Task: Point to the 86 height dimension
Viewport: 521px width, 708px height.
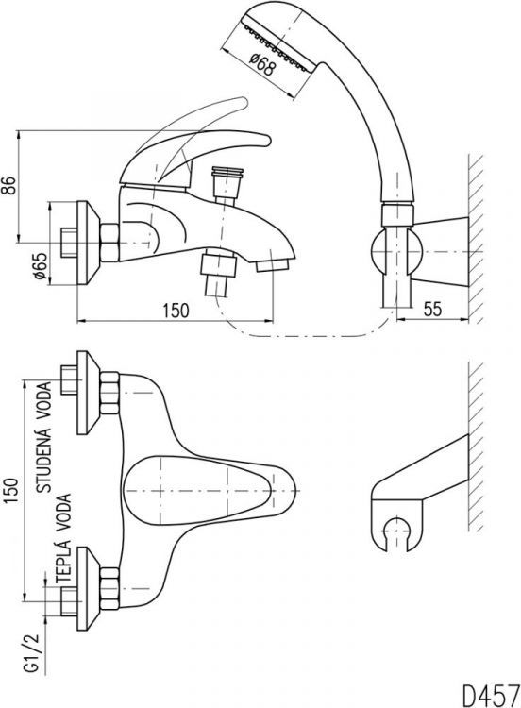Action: (x=10, y=185)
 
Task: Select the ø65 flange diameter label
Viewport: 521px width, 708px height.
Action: (x=41, y=265)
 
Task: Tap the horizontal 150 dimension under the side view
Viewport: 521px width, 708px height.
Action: (x=176, y=311)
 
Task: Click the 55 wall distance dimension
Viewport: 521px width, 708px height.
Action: (x=432, y=310)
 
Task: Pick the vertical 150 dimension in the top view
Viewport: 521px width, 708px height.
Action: (x=11, y=490)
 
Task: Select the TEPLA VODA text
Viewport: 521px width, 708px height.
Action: (x=63, y=537)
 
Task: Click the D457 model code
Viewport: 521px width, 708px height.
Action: (x=491, y=696)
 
